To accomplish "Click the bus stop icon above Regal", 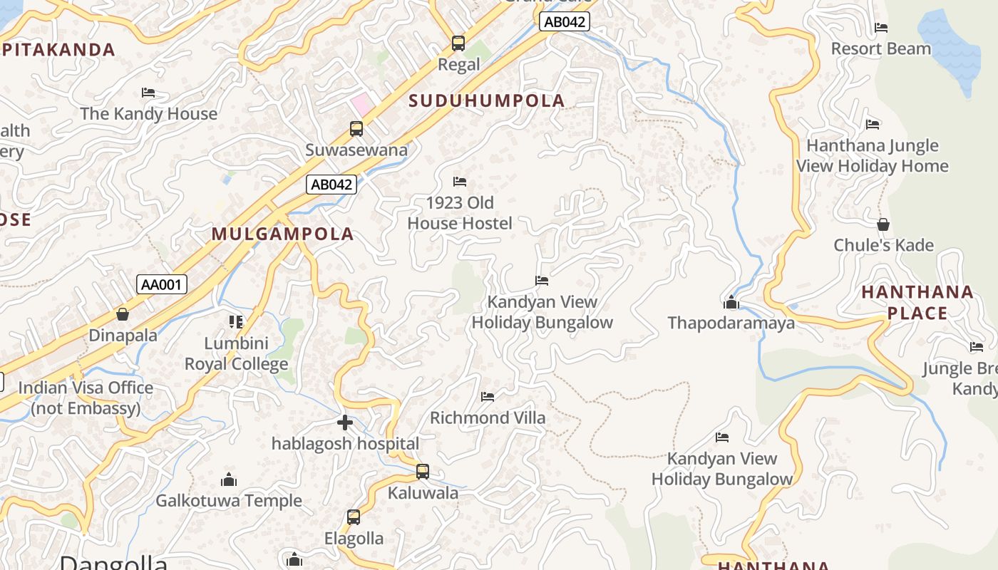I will pyautogui.click(x=458, y=43).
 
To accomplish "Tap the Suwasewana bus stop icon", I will pyautogui.click(x=356, y=129).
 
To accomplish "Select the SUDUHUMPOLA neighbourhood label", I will pyautogui.click(x=487, y=100).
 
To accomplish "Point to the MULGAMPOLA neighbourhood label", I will pyautogui.click(x=283, y=234).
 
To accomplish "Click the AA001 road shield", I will pyautogui.click(x=162, y=285).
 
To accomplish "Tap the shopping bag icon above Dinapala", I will pyautogui.click(x=123, y=314).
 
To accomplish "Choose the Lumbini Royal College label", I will pyautogui.click(x=237, y=354).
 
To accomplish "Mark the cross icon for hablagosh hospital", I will pyautogui.click(x=345, y=423).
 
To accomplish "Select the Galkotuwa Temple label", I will pyautogui.click(x=229, y=501).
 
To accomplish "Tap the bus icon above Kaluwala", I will pyautogui.click(x=423, y=472).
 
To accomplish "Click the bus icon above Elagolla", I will pyautogui.click(x=354, y=517).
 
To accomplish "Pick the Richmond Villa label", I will pyautogui.click(x=488, y=418).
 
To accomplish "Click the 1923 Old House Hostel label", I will pyautogui.click(x=460, y=213).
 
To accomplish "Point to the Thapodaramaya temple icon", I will pyautogui.click(x=731, y=303).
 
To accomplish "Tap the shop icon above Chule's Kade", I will pyautogui.click(x=883, y=224).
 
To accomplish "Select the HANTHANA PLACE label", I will pyautogui.click(x=917, y=302).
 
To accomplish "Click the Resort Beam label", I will pyautogui.click(x=881, y=49).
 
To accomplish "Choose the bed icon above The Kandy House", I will pyautogui.click(x=148, y=93).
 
